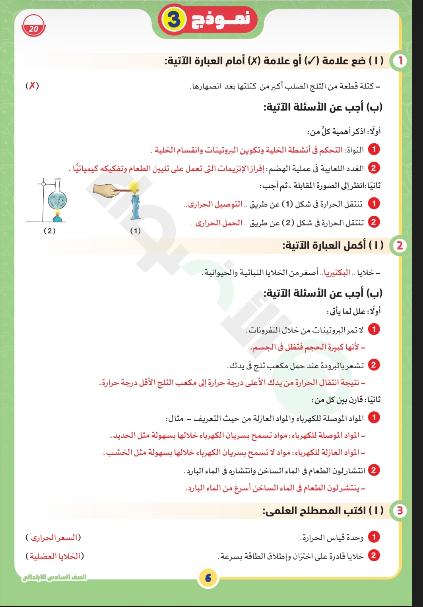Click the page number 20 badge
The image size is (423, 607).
[x=34, y=28]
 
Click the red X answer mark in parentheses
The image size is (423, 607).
[x=32, y=85]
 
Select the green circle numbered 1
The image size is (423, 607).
[x=400, y=61]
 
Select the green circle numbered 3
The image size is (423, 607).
[x=400, y=510]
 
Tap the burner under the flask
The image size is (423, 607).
[x=57, y=217]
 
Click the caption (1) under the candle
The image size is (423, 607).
[x=135, y=231]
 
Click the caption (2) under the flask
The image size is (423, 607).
[x=49, y=231]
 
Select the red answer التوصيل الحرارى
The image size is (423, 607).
[x=215, y=204]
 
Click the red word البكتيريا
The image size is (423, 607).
[x=337, y=273]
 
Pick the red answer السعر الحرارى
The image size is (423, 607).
[x=54, y=537]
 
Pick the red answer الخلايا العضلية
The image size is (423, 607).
[x=55, y=556]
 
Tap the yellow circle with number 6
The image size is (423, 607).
[x=208, y=578]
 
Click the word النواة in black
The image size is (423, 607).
[x=355, y=150]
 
